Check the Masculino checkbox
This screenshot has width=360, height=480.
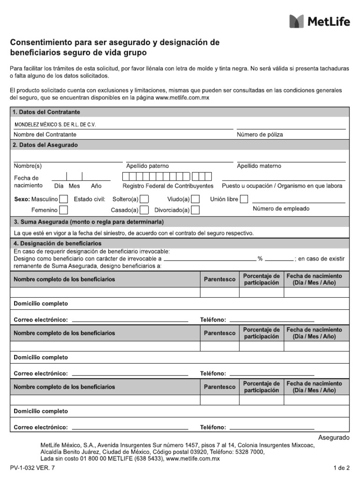pyautogui.click(x=63, y=199)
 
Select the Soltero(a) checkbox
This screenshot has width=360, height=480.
pyautogui.click(x=145, y=199)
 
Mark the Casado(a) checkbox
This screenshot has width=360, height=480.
pyautogui.click(x=145, y=210)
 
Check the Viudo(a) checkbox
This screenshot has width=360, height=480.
pyautogui.click(x=195, y=199)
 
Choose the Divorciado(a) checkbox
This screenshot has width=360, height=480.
pyautogui.click(x=195, y=210)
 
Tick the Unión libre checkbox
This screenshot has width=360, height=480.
pyautogui.click(x=244, y=199)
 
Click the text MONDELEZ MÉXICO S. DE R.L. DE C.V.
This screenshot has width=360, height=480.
pyautogui.click(x=55, y=125)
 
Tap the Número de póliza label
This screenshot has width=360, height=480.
pyautogui.click(x=260, y=135)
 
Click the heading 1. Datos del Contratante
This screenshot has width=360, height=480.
pyautogui.click(x=47, y=112)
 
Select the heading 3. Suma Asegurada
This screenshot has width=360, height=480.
pyautogui.click(x=89, y=222)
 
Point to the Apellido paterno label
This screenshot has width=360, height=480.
pyautogui.click(x=147, y=166)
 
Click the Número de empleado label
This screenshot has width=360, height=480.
pyautogui.click(x=281, y=209)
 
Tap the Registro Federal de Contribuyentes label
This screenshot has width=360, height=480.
pyautogui.click(x=167, y=186)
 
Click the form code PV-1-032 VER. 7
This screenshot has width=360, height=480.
pyautogui.click(x=31, y=468)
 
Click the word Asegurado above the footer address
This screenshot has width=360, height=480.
pyautogui.click(x=334, y=437)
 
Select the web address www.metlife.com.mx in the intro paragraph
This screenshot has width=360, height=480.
pyautogui.click(x=182, y=97)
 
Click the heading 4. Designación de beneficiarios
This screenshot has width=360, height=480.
pyautogui.click(x=58, y=244)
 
